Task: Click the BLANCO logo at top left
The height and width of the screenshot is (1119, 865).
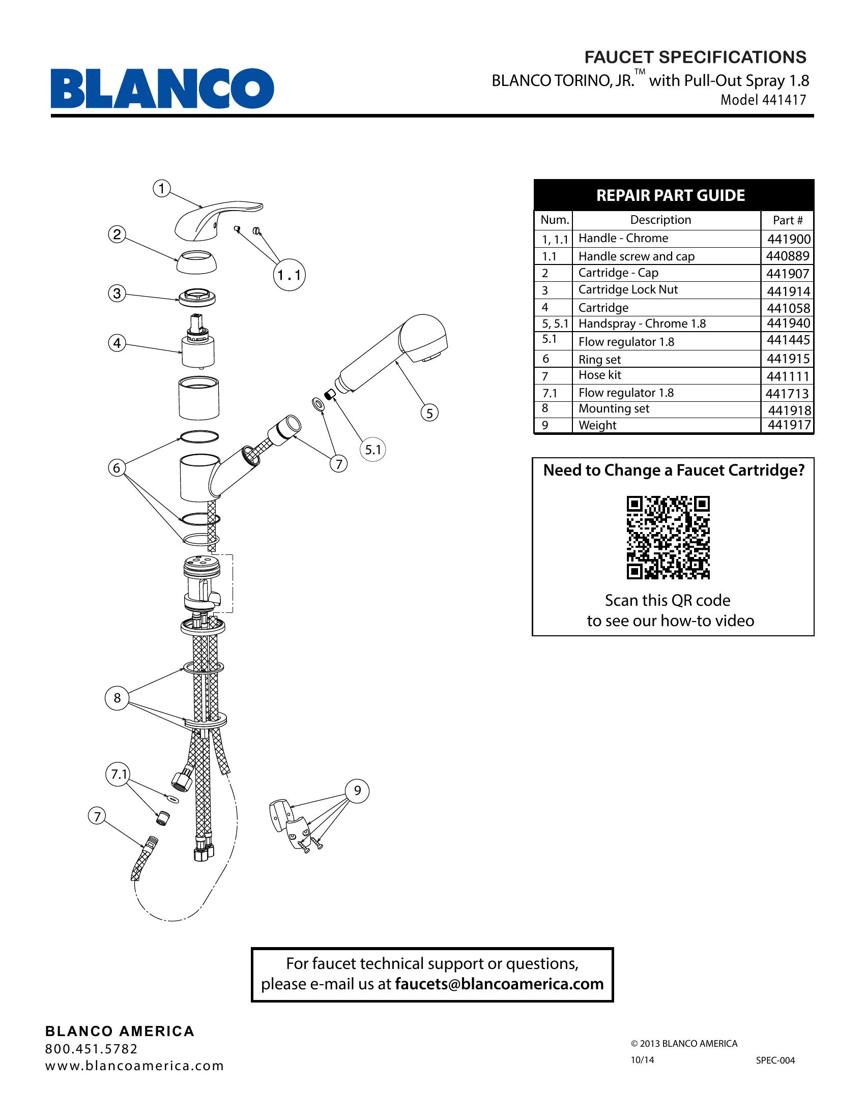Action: (162, 88)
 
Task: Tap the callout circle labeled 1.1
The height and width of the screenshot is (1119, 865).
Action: (290, 276)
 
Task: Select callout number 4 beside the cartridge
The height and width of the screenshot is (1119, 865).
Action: (117, 343)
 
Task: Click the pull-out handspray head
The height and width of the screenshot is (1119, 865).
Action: (394, 354)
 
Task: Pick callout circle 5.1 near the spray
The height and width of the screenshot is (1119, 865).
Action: (372, 450)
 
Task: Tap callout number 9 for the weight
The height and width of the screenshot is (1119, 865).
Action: (357, 790)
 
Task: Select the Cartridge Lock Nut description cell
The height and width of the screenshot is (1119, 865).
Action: (628, 290)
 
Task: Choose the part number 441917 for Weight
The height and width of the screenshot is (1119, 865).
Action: (789, 425)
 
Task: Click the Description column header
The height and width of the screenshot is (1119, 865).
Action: (660, 220)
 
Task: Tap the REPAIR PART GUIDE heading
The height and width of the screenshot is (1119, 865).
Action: (670, 195)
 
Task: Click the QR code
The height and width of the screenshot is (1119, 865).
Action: (668, 537)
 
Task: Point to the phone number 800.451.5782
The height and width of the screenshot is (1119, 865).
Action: (92, 1049)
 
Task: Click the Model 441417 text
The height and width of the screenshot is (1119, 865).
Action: (763, 100)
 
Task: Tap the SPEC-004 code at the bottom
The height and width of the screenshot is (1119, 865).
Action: (775, 1061)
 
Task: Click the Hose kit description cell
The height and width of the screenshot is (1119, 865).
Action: (599, 375)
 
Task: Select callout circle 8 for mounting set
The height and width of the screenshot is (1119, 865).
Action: (117, 698)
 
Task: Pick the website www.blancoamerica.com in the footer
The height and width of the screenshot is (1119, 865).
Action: (135, 1066)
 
